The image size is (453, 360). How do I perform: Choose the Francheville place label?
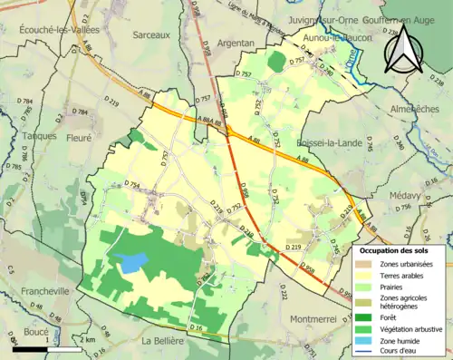tap(33, 293)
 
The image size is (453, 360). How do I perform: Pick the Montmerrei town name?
tap(318, 319)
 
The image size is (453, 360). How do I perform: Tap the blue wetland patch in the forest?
tap(132, 263)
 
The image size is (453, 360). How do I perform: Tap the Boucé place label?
tap(35, 333)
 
